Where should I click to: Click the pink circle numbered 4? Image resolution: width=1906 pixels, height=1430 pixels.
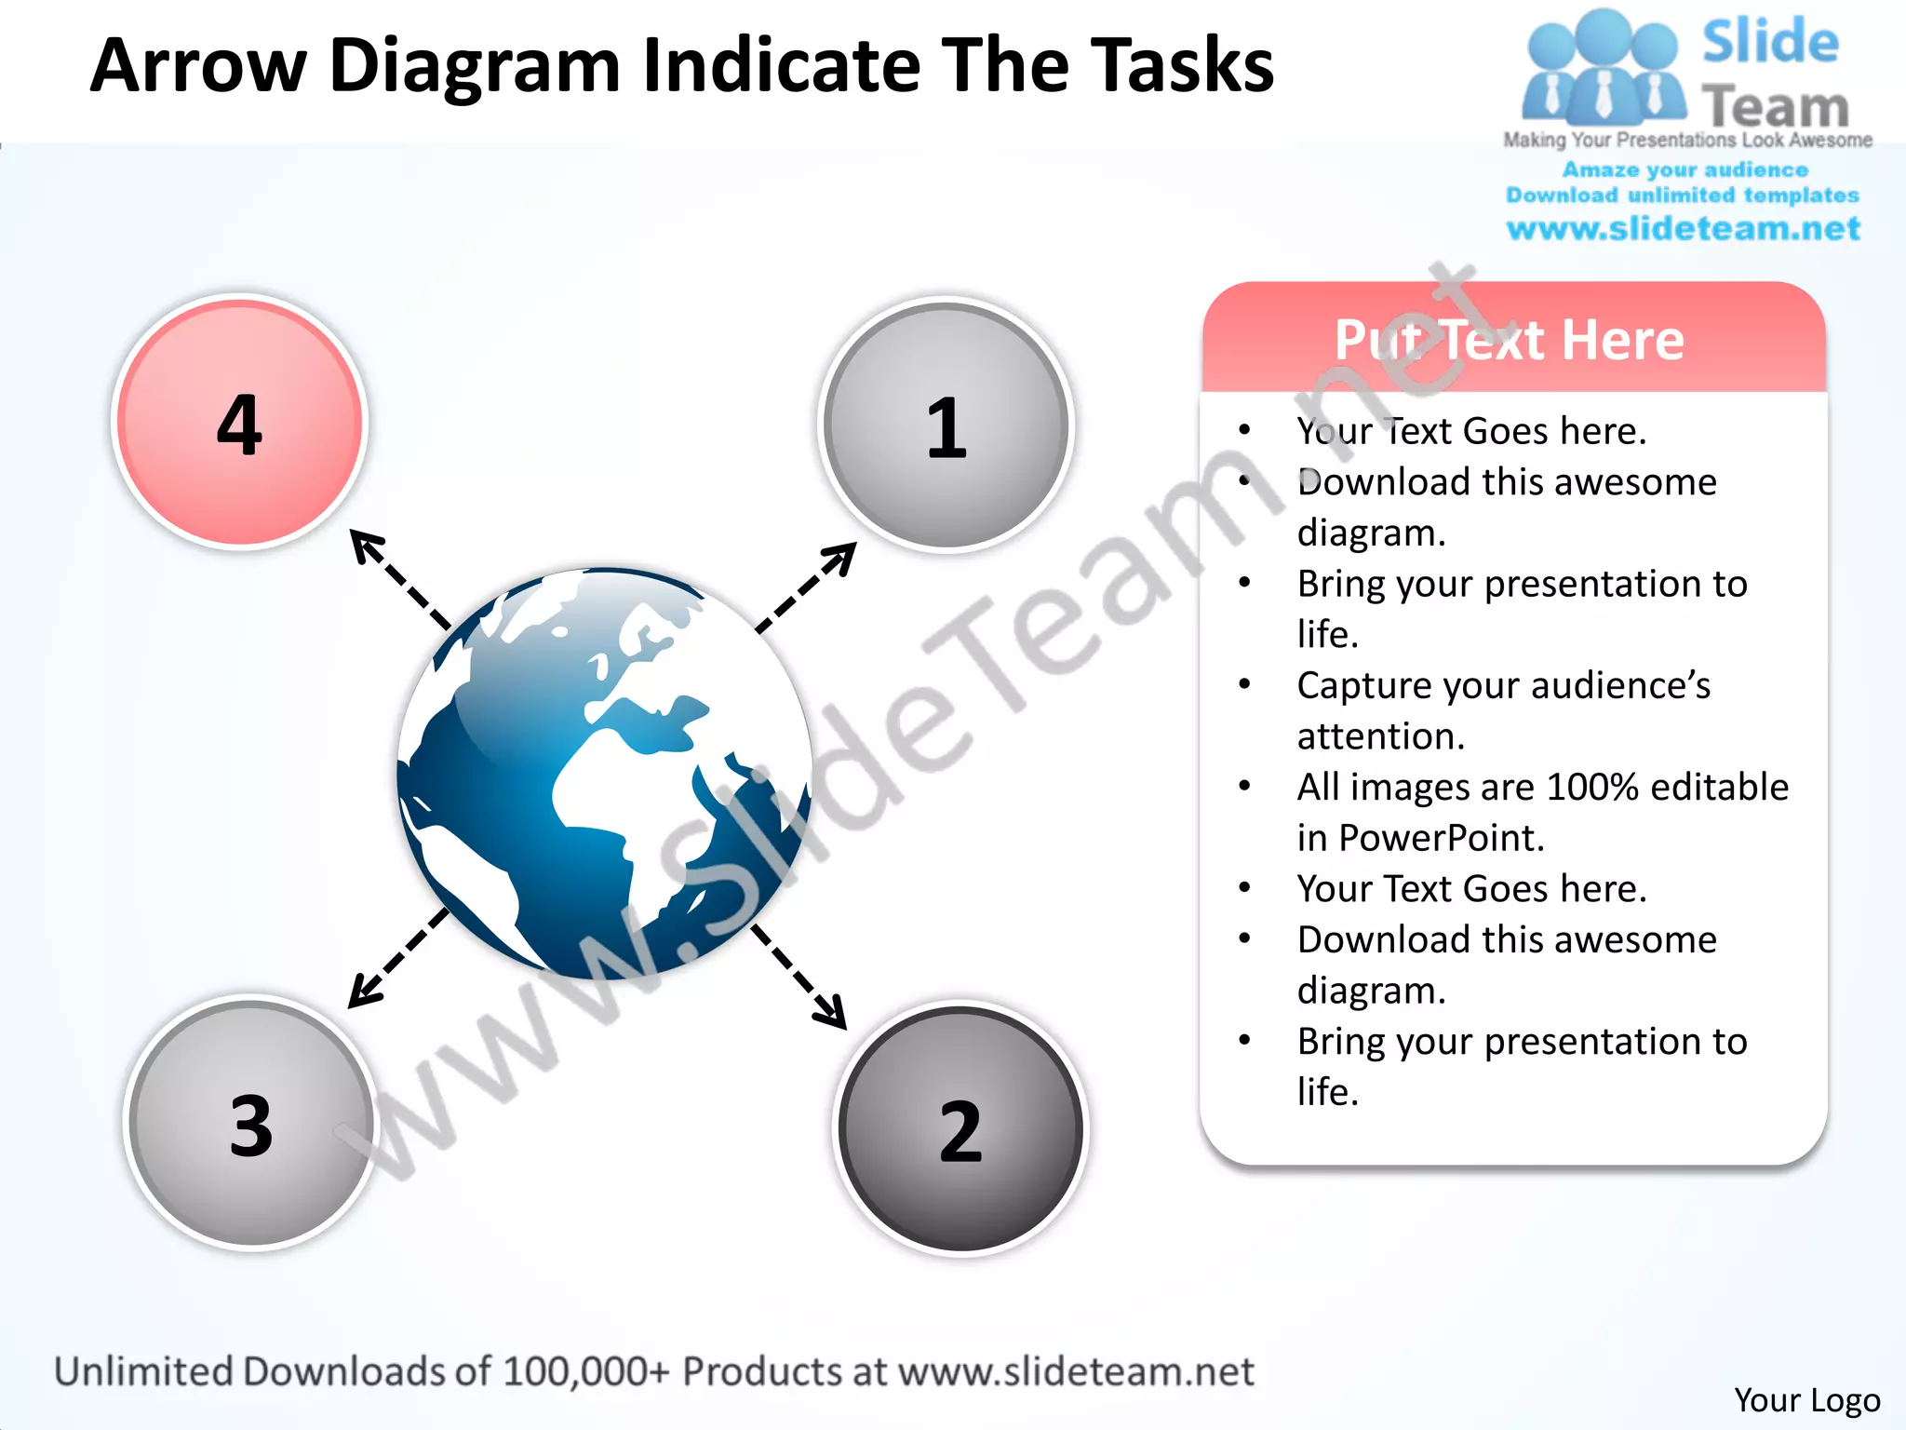coord(240,422)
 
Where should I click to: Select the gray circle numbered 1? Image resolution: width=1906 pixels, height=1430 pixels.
coord(946,425)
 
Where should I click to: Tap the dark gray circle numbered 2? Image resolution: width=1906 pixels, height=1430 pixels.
coord(960,1128)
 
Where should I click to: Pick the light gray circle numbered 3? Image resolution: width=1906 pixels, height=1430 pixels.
coord(251,1123)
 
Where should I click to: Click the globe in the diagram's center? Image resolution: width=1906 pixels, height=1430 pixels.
coord(605,773)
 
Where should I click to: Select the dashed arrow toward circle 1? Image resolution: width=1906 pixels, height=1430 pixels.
coord(806,587)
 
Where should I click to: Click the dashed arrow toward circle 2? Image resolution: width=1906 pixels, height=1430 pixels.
coord(799,977)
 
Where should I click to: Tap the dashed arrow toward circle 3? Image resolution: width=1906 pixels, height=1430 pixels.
coord(398,959)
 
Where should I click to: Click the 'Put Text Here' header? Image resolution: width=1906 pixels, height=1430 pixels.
coord(1510,340)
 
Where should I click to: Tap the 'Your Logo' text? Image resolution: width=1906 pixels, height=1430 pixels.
coord(1806,1400)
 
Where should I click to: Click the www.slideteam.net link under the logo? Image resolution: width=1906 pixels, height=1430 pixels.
coord(1683,229)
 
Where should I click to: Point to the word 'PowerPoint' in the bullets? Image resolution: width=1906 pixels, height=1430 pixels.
coord(1441,838)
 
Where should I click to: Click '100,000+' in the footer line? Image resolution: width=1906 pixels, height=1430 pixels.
coord(585,1371)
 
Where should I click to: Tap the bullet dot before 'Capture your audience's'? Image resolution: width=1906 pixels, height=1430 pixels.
coord(1244,684)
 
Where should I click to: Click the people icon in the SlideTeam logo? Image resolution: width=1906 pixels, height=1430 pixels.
coord(1603,70)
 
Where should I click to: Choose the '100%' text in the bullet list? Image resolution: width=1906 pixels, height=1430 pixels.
coord(1592,788)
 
